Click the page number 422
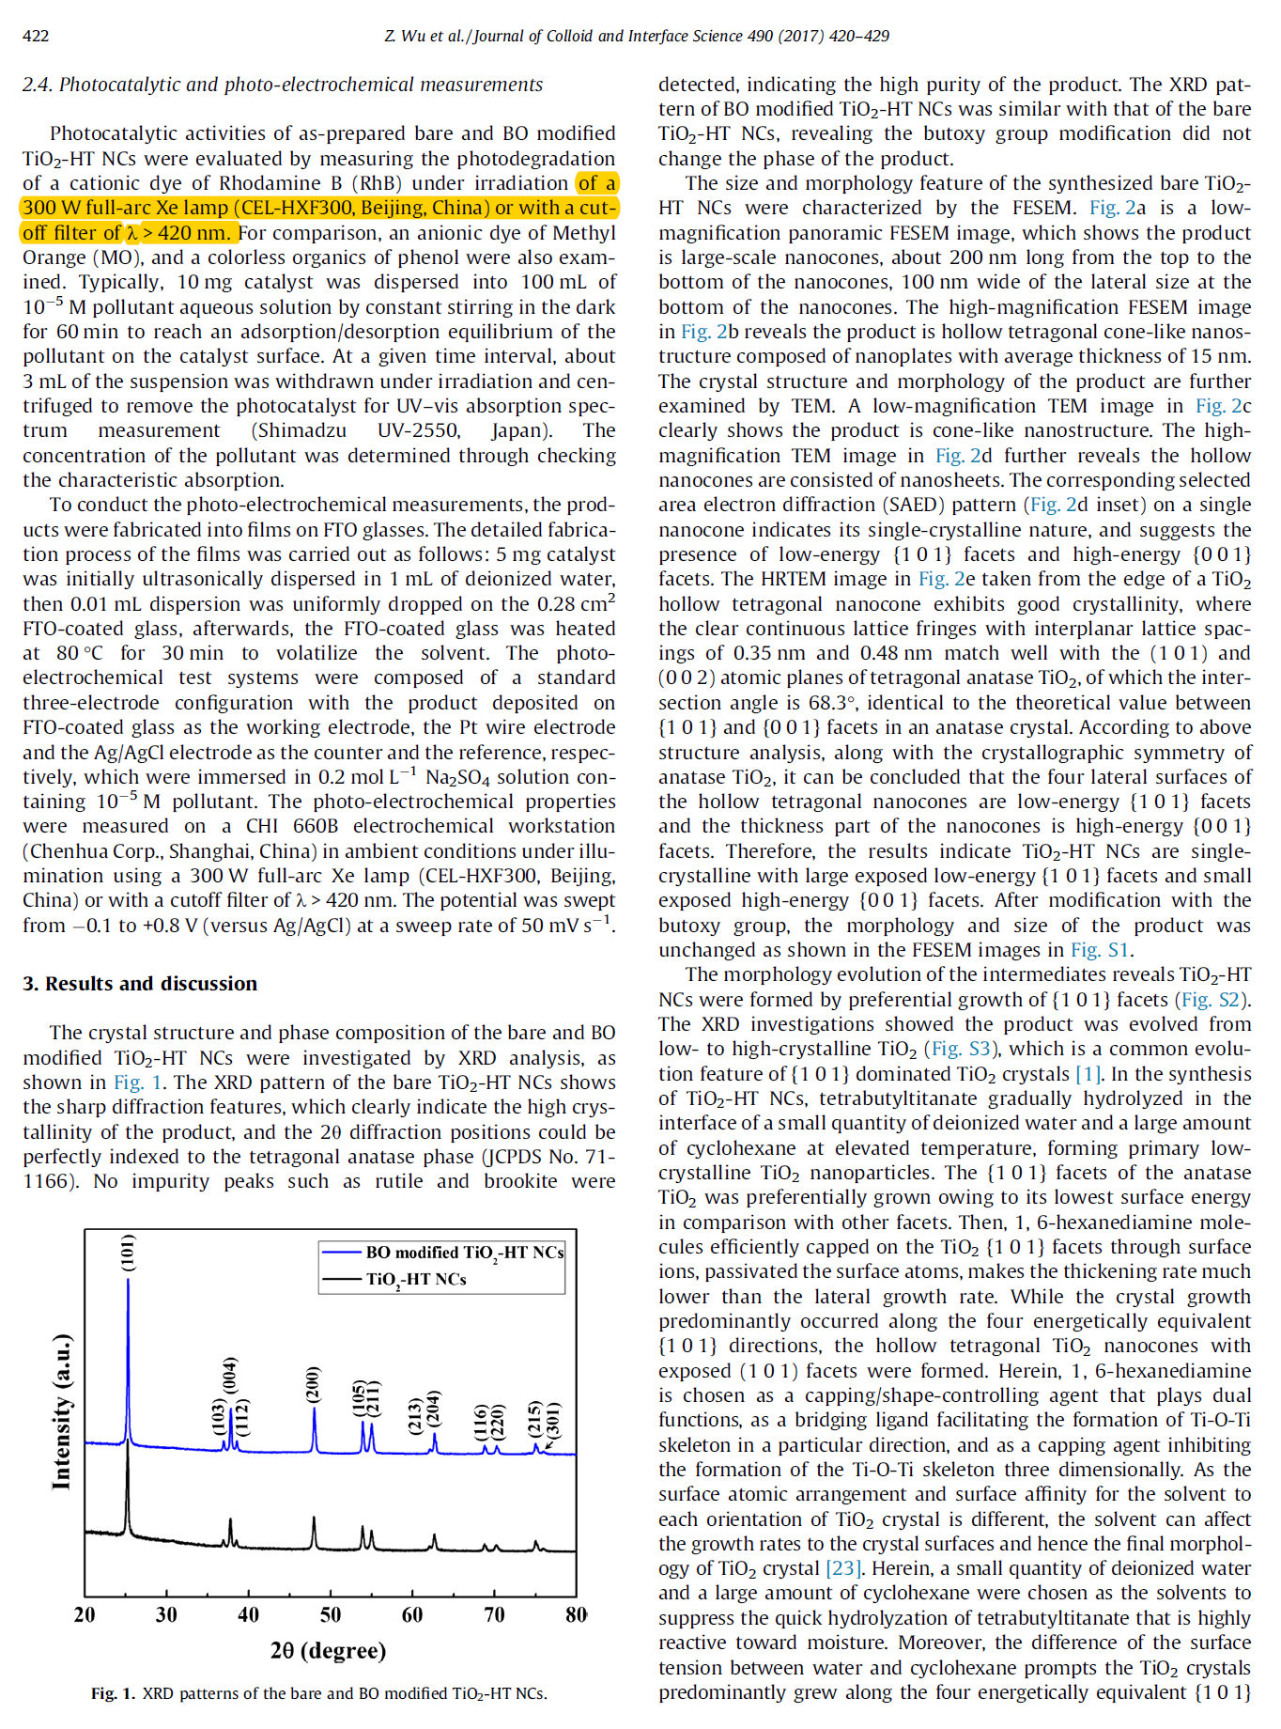(x=36, y=37)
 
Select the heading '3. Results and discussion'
(x=140, y=984)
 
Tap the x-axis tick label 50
(x=331, y=1614)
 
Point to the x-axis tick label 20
(x=85, y=1614)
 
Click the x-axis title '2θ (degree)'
(x=328, y=1650)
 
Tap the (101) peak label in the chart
(x=129, y=1253)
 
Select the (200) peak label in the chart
(x=314, y=1384)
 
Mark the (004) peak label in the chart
(x=230, y=1377)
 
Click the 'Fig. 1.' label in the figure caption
(x=113, y=1693)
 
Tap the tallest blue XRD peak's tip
(x=128, y=1280)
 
